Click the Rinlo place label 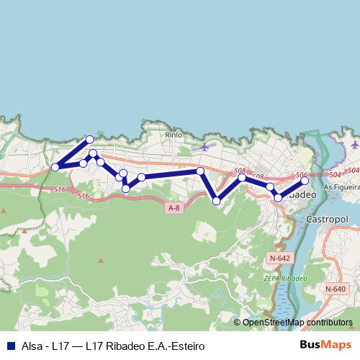[174, 134]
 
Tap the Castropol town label [328, 217]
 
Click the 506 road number [302, 175]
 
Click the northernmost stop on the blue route [90, 139]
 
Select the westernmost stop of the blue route [55, 168]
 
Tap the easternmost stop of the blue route [305, 181]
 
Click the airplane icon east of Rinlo [204, 147]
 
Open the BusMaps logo [325, 346]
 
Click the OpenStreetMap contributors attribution [292, 323]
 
